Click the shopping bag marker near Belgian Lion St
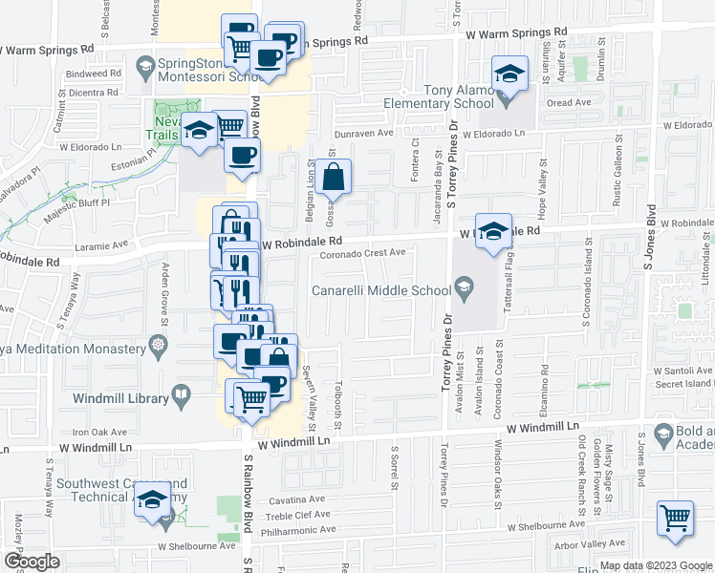click(334, 177)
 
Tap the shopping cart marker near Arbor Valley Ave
click(675, 519)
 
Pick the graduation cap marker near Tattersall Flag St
click(493, 231)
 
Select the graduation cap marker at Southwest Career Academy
click(152, 500)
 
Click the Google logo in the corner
click(32, 562)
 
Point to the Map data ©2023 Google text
click(655, 565)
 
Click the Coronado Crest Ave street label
click(363, 252)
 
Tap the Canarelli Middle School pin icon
click(464, 286)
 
